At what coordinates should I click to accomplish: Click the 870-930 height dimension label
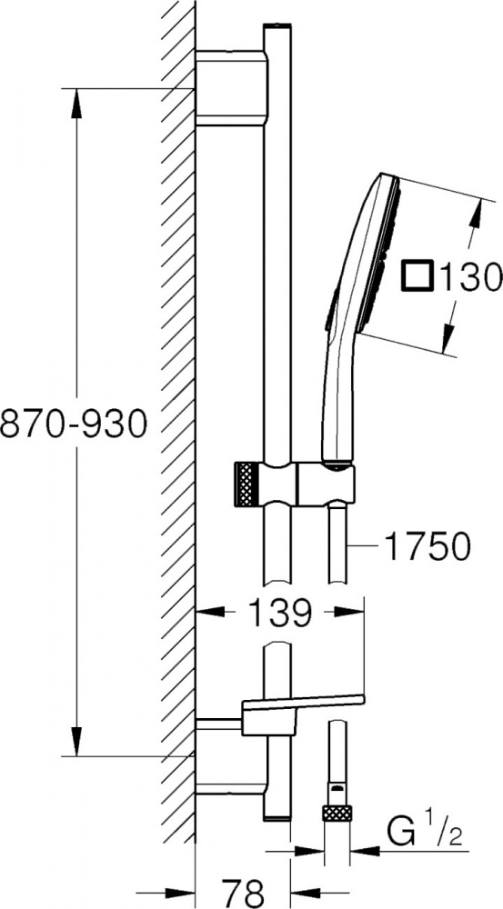click(73, 424)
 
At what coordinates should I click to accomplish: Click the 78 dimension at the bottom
click(243, 892)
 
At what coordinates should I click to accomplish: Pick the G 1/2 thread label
click(426, 833)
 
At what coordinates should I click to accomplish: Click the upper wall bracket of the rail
click(231, 88)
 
